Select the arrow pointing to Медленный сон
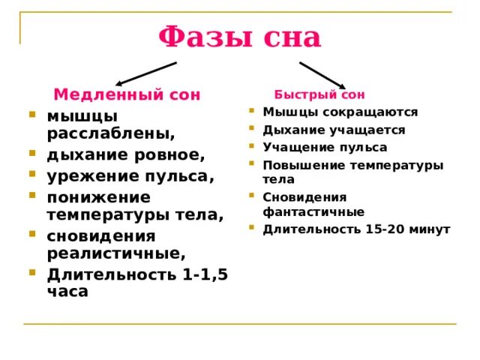[146, 73]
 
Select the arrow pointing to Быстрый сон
[322, 75]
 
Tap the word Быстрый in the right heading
[305, 94]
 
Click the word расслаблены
[111, 133]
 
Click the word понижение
[99, 198]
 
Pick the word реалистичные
[116, 253]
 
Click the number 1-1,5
[205, 274]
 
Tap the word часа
[67, 292]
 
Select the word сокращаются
[370, 112]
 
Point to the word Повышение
[304, 166]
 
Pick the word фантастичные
[313, 211]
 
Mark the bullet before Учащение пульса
[252, 146]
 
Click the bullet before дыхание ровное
[32, 153]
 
